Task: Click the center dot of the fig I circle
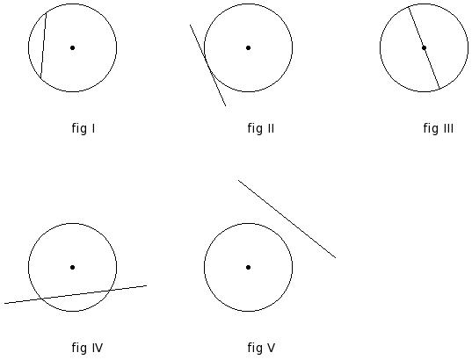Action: [72, 47]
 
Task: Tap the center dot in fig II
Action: [248, 47]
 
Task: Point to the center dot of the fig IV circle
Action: [72, 267]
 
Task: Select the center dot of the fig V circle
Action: [248, 267]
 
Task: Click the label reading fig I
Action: [84, 128]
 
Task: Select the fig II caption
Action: [261, 128]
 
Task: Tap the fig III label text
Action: [438, 128]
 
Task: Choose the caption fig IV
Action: [87, 348]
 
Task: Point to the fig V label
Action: [261, 348]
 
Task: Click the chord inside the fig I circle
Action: [43, 46]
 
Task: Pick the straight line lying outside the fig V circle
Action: [287, 219]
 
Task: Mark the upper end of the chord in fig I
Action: [46, 13]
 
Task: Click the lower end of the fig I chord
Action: [40, 78]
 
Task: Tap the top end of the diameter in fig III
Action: [409, 7]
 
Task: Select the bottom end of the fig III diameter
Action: [439, 89]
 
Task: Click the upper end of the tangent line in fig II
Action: [190, 25]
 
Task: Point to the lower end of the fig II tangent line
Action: [226, 106]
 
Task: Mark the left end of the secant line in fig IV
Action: [4, 304]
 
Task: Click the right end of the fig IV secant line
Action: [147, 285]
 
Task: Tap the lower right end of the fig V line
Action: [336, 258]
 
